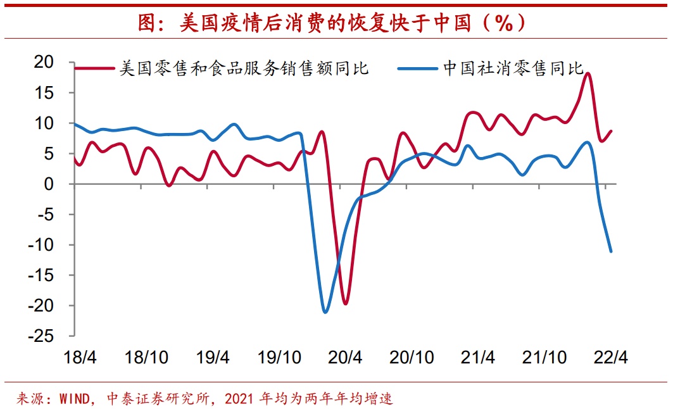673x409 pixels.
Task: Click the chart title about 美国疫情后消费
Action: point(332,23)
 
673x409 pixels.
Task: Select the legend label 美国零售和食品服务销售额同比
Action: point(244,68)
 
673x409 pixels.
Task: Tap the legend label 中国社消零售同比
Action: point(513,68)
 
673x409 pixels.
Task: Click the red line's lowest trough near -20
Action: point(345,303)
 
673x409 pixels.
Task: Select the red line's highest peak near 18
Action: point(588,73)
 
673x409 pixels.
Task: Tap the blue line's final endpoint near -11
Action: point(611,251)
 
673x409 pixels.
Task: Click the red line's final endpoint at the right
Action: point(611,131)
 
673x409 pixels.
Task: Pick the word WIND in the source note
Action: point(72,399)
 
